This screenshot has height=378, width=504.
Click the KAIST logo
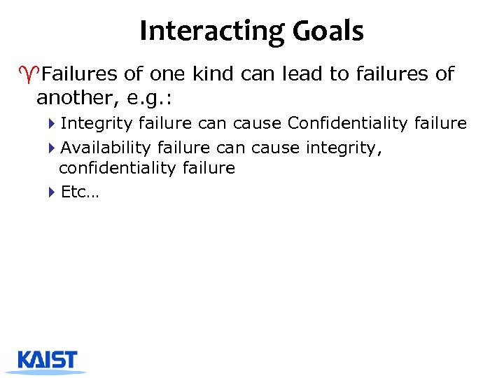coord(48,360)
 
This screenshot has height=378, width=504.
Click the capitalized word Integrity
coord(97,124)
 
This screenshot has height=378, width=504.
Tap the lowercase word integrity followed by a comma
coord(347,148)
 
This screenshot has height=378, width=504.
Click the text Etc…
coord(80,192)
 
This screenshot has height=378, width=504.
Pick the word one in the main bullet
coord(164,73)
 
